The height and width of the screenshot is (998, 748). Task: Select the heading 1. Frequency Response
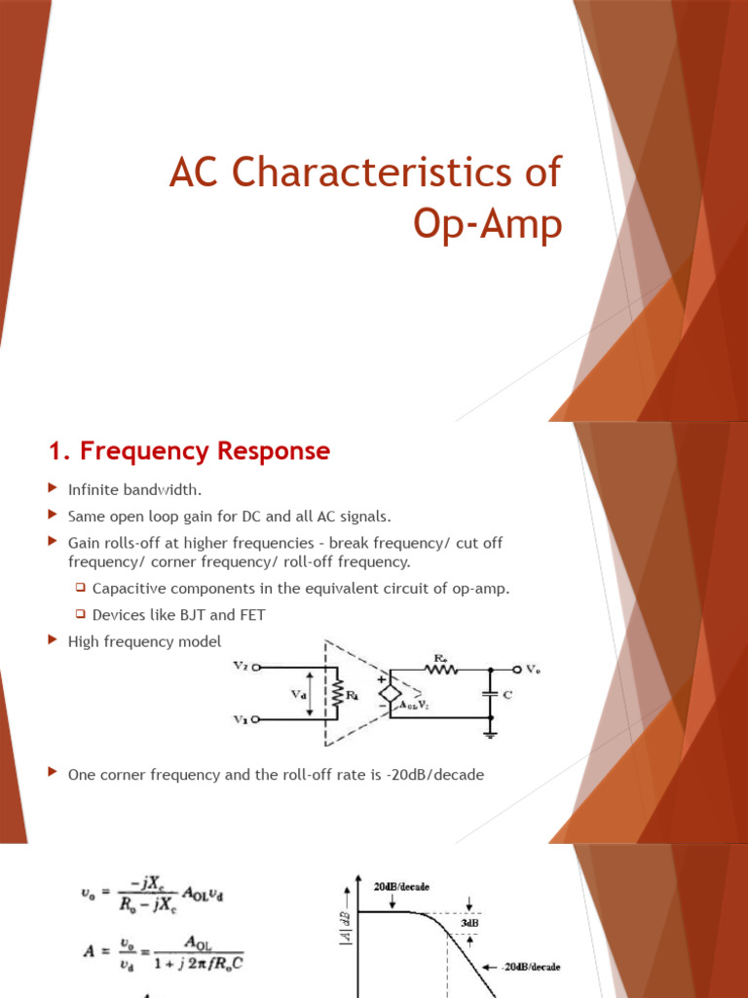[x=189, y=451]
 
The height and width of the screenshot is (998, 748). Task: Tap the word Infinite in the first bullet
[x=93, y=488]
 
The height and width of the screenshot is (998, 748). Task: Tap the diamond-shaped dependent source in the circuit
[x=387, y=693]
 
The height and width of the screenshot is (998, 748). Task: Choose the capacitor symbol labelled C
[x=491, y=694]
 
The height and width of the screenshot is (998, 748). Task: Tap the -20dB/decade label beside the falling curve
[x=532, y=967]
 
